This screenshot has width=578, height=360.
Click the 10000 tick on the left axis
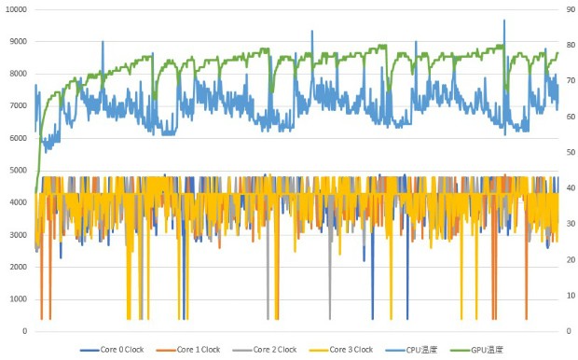16,9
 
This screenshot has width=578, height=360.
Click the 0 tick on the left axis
25,331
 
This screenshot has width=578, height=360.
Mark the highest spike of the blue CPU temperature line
504,21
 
